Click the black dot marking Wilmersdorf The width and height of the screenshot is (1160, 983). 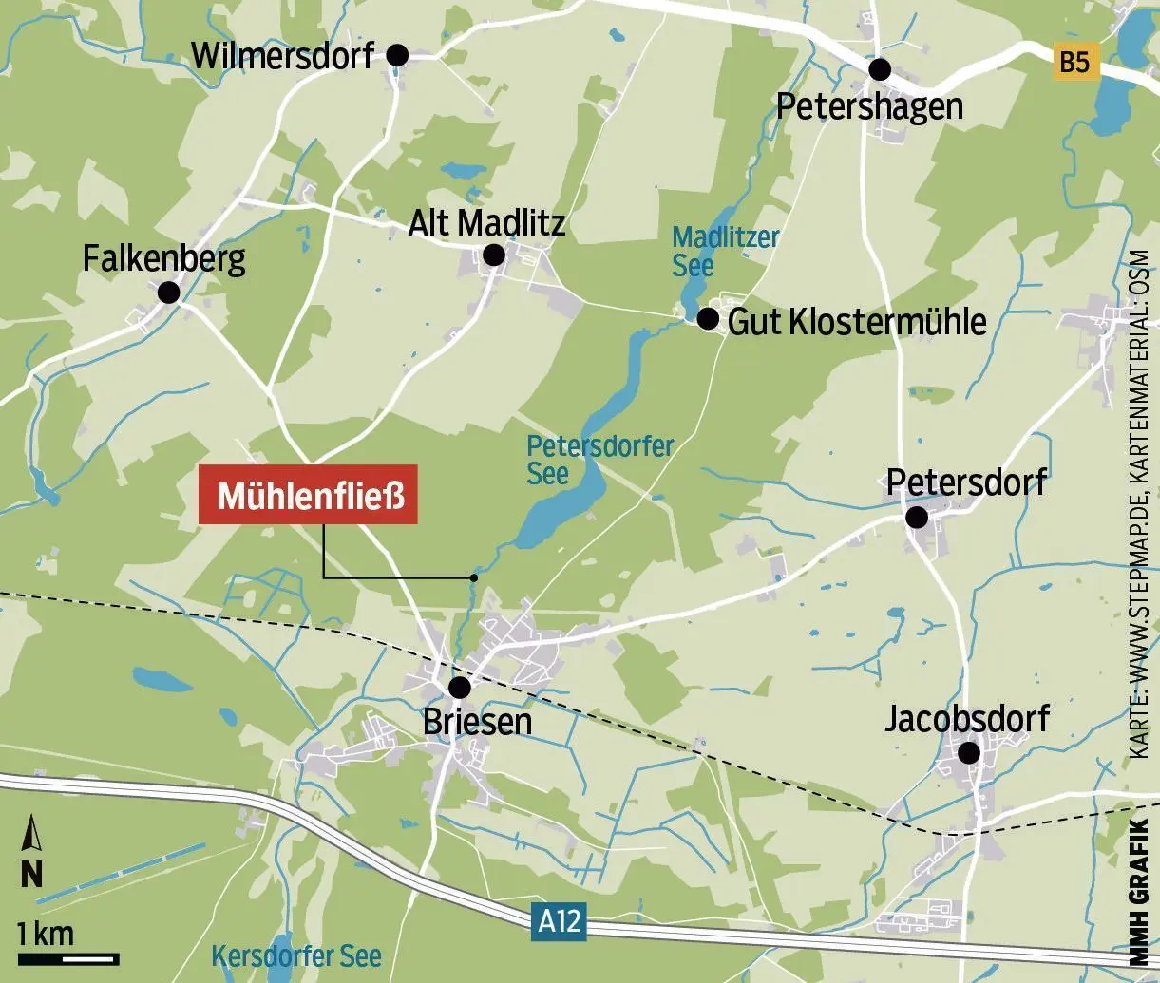pyautogui.click(x=397, y=56)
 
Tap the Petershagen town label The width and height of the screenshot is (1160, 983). pyautogui.click(x=868, y=106)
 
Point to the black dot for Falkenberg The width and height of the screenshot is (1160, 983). pyautogui.click(x=169, y=292)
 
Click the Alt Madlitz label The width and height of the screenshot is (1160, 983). pyautogui.click(x=486, y=223)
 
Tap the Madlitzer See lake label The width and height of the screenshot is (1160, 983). pyautogui.click(x=724, y=251)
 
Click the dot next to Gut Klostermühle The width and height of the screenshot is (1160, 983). pyautogui.click(x=708, y=318)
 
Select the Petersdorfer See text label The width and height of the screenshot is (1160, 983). pyautogui.click(x=599, y=459)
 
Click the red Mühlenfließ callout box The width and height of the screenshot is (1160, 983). pyautogui.click(x=308, y=496)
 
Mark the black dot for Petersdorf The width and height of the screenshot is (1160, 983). pyautogui.click(x=917, y=518)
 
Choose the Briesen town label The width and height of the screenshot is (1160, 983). pyautogui.click(x=477, y=723)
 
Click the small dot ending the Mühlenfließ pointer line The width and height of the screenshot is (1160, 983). pyautogui.click(x=473, y=577)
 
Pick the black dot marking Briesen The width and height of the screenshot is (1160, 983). pyautogui.click(x=460, y=688)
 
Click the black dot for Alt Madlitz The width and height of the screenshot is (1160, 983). pyautogui.click(x=494, y=255)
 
